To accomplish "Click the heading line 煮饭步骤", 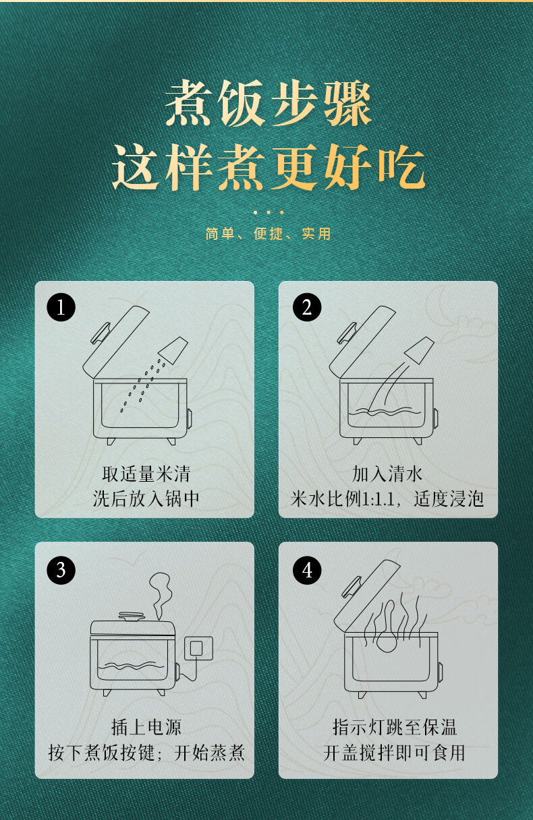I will (x=268, y=104).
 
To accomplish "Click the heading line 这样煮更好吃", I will (x=268, y=166).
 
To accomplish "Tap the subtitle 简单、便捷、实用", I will (x=268, y=234).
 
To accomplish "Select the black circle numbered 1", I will (x=61, y=308).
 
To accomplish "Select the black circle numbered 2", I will (x=307, y=308).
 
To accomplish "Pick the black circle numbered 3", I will (x=61, y=569).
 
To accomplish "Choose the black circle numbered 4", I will (x=307, y=571).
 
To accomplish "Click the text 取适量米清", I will (x=146, y=474).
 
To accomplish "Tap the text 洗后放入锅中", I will (x=146, y=499).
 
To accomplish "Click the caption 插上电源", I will (x=146, y=727).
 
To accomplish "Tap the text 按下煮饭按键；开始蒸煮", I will (x=146, y=753).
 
